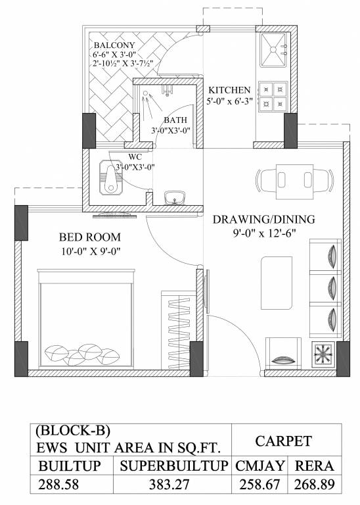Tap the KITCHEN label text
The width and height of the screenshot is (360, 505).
tap(229, 90)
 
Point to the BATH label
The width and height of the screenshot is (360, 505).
tap(175, 120)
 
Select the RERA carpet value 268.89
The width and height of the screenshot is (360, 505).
tap(315, 487)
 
